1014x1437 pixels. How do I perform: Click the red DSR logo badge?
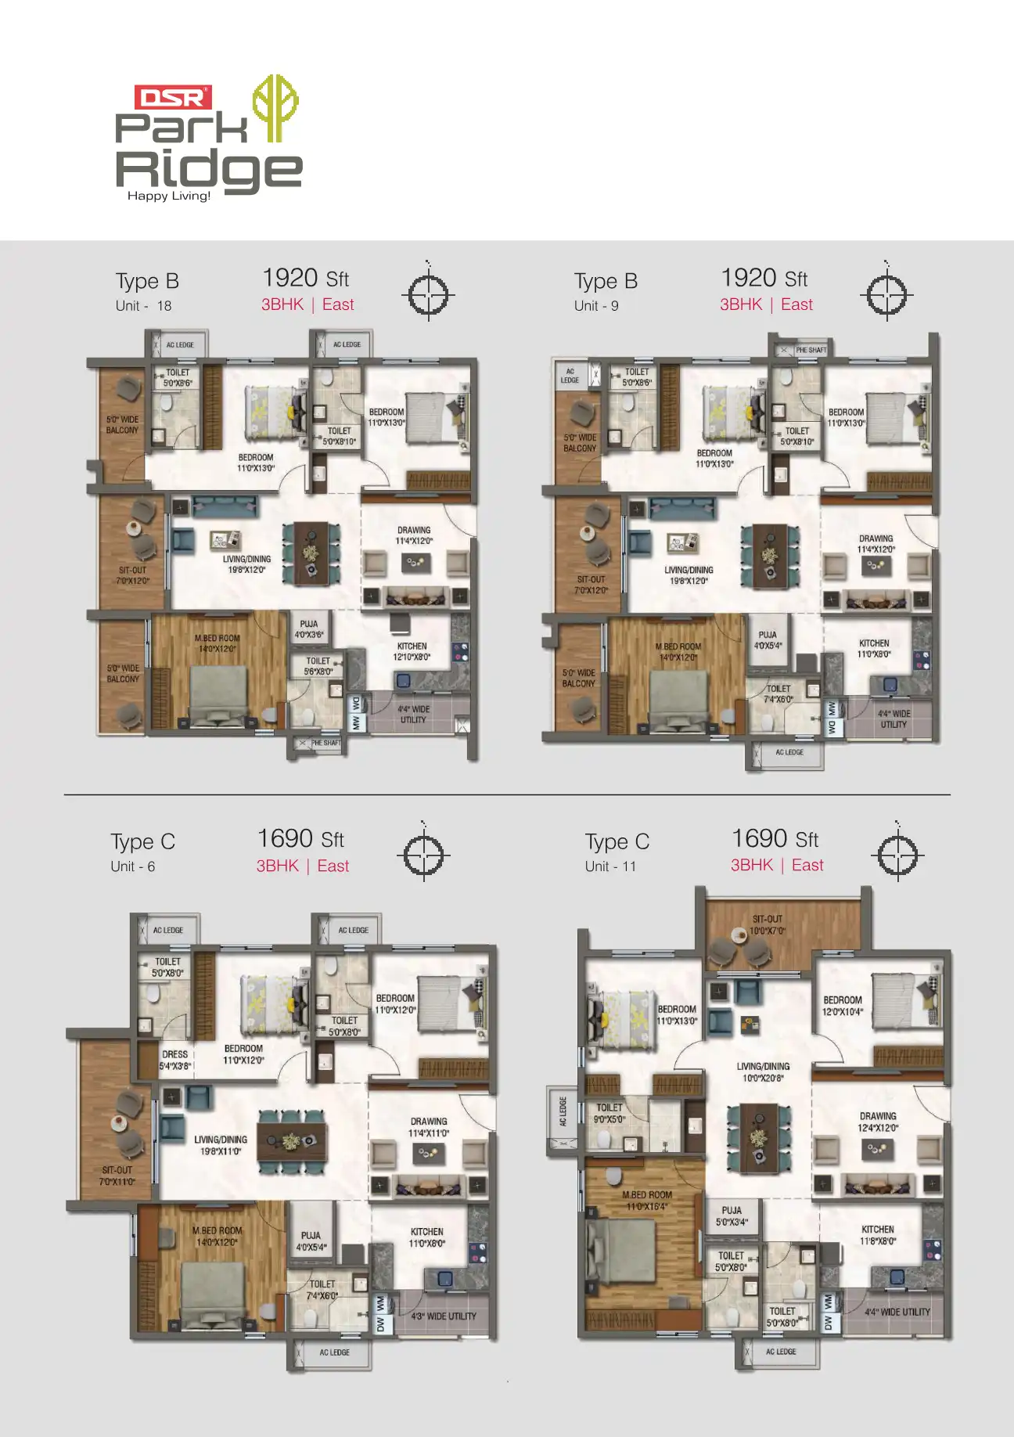tap(173, 98)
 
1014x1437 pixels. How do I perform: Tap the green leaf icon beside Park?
tap(274, 107)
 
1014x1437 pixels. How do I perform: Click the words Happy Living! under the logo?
tap(169, 196)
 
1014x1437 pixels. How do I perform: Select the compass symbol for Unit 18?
tap(428, 296)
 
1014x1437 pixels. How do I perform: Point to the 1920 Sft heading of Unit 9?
tap(764, 279)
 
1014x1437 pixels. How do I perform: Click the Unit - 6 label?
tap(133, 866)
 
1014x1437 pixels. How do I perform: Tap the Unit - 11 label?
tap(610, 866)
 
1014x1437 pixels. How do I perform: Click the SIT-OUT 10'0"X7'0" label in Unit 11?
tap(767, 925)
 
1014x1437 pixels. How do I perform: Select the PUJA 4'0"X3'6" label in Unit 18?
tap(309, 629)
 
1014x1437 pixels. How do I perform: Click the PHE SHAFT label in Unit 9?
tap(811, 350)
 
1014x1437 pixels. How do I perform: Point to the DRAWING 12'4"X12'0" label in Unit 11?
tap(878, 1122)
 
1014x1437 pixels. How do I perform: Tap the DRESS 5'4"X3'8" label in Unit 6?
tap(175, 1060)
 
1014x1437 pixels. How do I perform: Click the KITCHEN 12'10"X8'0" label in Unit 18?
tap(412, 651)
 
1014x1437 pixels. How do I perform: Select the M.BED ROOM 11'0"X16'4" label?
tap(647, 1201)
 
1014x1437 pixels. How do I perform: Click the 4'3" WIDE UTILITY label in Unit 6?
tap(444, 1316)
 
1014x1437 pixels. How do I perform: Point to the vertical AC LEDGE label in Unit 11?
tap(562, 1111)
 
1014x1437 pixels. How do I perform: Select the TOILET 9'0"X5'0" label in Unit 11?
tap(609, 1113)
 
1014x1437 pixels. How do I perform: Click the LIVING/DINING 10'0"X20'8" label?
tap(763, 1072)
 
